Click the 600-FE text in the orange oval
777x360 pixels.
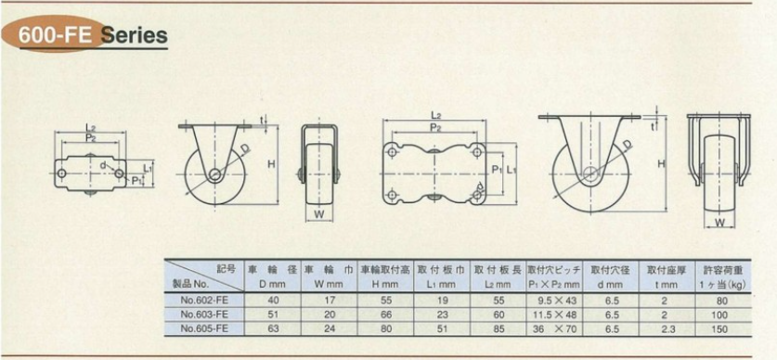tap(57, 35)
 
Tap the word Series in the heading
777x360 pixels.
tap(134, 35)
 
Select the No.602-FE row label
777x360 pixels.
tap(204, 300)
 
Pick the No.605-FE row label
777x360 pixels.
tap(204, 328)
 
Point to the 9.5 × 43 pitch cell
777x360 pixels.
tap(553, 300)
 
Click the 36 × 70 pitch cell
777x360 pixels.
tap(553, 328)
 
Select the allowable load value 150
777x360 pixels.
tap(722, 329)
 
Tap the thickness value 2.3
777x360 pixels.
tap(666, 328)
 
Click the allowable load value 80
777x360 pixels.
tap(722, 300)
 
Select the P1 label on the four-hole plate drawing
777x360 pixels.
tap(496, 170)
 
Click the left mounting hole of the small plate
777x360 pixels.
tap(61, 174)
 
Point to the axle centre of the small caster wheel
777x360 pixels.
tap(214, 174)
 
